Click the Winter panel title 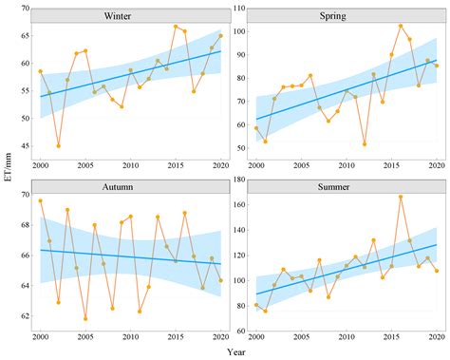coord(130,16)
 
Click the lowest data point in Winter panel coord(59,145)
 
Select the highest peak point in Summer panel coord(401,197)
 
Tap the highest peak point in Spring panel coord(401,26)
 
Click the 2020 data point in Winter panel coord(220,36)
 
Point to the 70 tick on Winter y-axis coord(24,9)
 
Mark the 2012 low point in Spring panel coord(365,143)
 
